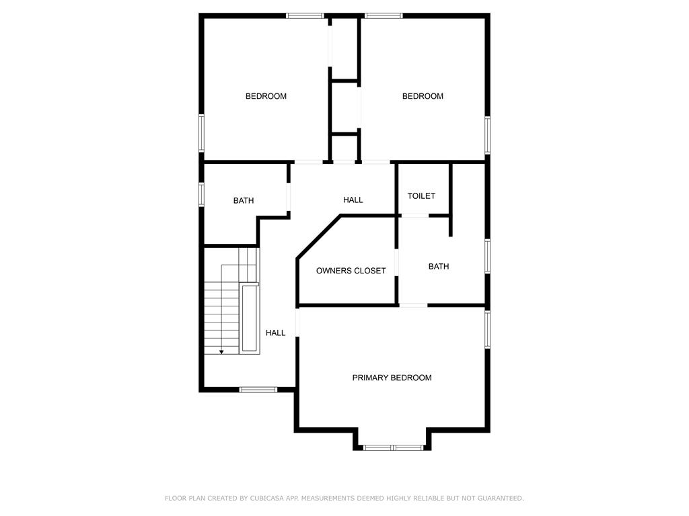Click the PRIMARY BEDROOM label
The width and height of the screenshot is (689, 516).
pyautogui.click(x=392, y=378)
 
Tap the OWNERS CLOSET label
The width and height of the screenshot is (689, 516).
pyautogui.click(x=351, y=271)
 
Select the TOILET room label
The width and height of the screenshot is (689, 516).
pyautogui.click(x=421, y=196)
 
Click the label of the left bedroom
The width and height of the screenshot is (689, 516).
pyautogui.click(x=266, y=96)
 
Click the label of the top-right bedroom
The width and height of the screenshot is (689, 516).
pyautogui.click(x=423, y=96)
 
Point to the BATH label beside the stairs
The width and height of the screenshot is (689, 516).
pyautogui.click(x=244, y=200)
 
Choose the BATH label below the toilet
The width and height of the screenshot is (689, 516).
pyautogui.click(x=438, y=267)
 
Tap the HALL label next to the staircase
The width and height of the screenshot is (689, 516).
pyautogui.click(x=275, y=333)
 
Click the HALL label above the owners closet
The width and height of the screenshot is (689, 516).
pyautogui.click(x=353, y=200)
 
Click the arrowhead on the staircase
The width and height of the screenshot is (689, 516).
pyautogui.click(x=221, y=351)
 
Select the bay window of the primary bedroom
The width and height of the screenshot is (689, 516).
pyautogui.click(x=393, y=447)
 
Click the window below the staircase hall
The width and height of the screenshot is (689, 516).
pyautogui.click(x=258, y=389)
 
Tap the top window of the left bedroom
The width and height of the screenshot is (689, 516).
pyautogui.click(x=305, y=15)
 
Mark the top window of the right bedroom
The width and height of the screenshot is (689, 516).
pyautogui.click(x=384, y=15)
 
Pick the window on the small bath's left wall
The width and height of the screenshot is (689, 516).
pyautogui.click(x=201, y=193)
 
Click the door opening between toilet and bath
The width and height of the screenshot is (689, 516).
pyautogui.click(x=414, y=215)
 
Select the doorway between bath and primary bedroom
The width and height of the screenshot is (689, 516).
pyautogui.click(x=413, y=306)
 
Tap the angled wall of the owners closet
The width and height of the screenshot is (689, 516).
pyautogui.click(x=318, y=236)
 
